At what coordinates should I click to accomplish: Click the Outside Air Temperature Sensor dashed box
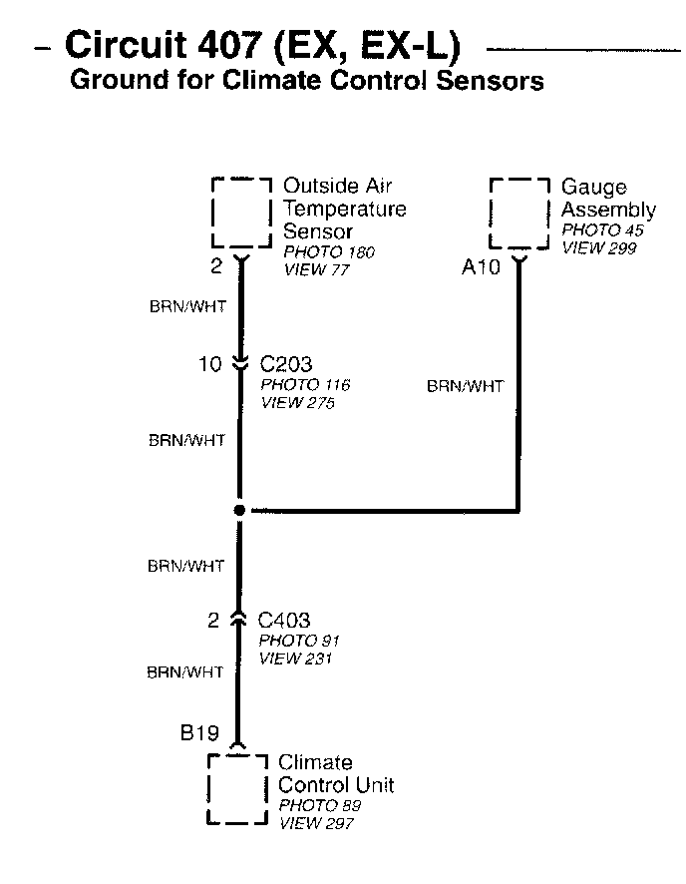coord(241,212)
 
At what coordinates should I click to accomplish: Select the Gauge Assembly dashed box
coord(519,214)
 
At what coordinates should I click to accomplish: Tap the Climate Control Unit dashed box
coord(237,789)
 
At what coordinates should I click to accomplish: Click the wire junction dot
coord(239,510)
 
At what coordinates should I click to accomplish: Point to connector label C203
coord(286,364)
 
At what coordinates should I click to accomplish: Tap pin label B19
coord(199,734)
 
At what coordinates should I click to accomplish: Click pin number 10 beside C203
coord(209,364)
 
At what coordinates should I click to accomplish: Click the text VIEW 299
coord(598,248)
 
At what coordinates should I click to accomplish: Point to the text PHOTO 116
coord(305,385)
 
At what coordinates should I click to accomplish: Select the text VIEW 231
coord(295,659)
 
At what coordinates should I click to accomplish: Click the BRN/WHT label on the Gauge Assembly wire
coord(465,386)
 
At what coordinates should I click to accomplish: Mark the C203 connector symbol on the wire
coord(239,364)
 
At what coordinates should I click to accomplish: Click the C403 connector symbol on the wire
coord(239,620)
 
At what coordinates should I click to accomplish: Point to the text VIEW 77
coord(317,269)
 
